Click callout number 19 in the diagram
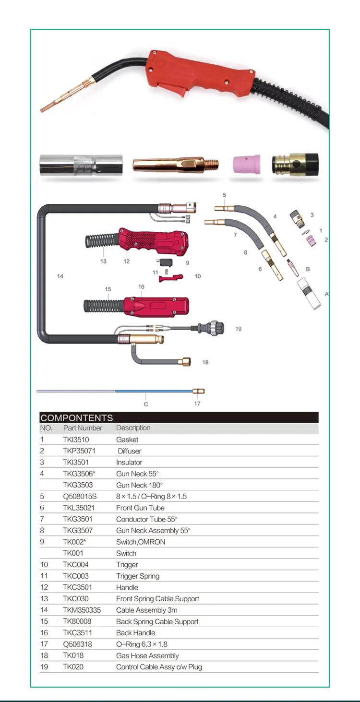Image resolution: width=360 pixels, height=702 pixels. [x=239, y=329]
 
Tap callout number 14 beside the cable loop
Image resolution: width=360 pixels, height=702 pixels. [x=60, y=276]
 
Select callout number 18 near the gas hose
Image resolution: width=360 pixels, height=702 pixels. [x=205, y=362]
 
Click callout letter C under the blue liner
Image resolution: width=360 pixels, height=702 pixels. [x=146, y=404]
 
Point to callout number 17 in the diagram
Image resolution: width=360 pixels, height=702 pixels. [x=197, y=404]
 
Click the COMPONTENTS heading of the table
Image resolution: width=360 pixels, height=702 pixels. [x=77, y=417]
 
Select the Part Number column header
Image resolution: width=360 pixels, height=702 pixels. [x=83, y=428]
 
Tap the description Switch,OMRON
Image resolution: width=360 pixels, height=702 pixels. [x=141, y=542]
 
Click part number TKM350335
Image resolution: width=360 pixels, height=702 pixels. [x=82, y=610]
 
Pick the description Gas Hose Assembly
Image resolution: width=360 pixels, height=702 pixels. [x=147, y=655]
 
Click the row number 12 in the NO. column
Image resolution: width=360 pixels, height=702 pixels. [x=44, y=587]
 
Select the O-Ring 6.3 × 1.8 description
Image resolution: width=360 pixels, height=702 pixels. [x=142, y=644]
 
